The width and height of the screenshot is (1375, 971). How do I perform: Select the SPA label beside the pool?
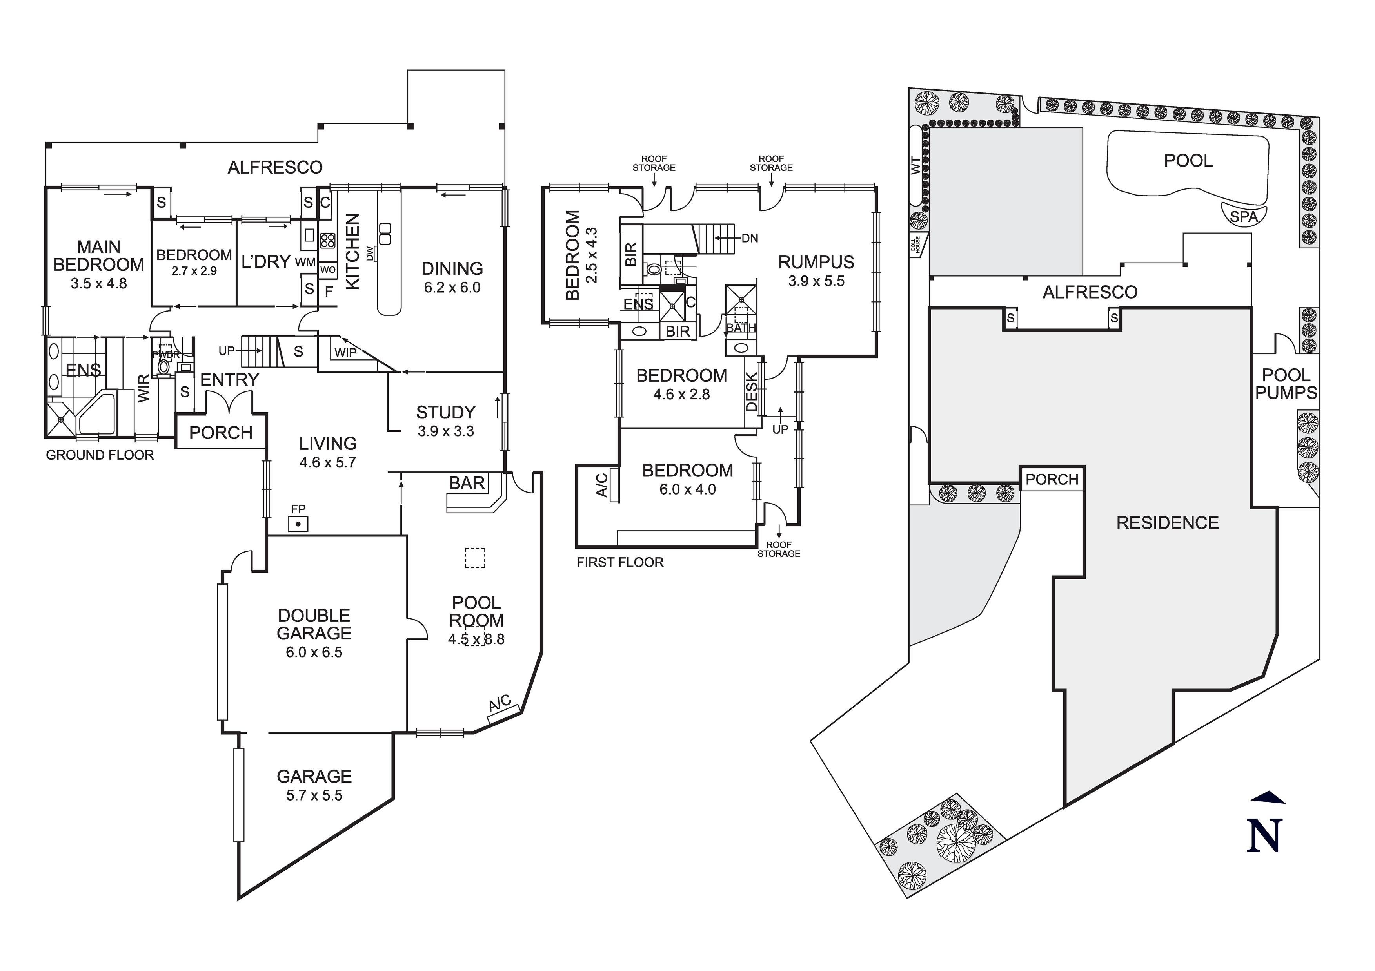coord(1243,217)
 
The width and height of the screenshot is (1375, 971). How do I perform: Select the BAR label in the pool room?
coord(467,483)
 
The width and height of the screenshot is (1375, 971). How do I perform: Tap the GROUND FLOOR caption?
coord(100,455)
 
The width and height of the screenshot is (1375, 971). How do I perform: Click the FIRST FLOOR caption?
coord(620,562)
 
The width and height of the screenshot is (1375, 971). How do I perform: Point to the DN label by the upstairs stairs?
coord(749,238)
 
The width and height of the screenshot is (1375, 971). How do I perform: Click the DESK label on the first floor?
coord(752,392)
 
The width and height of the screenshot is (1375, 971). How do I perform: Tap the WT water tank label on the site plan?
coord(915,166)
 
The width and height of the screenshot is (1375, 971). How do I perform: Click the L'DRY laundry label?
coord(266,262)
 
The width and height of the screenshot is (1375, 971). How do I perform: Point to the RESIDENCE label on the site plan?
coord(1167,523)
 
